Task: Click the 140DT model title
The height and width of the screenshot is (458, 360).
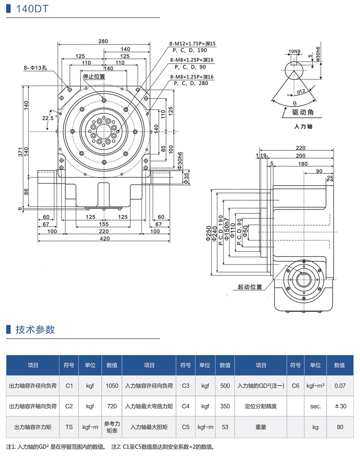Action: [x=32, y=9]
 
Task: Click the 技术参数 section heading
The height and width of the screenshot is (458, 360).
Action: [x=35, y=329]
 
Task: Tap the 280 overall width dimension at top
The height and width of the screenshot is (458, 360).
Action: [x=103, y=41]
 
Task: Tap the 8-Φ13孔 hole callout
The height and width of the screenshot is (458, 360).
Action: [x=35, y=68]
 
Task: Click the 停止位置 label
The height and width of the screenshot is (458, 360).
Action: [x=94, y=76]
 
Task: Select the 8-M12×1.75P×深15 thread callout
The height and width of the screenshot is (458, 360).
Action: [x=193, y=44]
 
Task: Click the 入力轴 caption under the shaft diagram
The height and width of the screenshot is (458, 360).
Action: [x=303, y=127]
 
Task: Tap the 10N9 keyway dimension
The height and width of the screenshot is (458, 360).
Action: [x=294, y=52]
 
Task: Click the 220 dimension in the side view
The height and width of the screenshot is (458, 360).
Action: [x=300, y=148]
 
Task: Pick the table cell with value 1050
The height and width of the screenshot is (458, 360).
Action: [x=112, y=386]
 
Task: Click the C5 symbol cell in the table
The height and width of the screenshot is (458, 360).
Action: [x=185, y=427]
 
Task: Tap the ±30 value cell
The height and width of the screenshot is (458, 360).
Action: [x=340, y=406]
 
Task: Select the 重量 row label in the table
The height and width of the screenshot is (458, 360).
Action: [x=261, y=427]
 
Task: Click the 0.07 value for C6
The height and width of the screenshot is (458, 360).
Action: [x=340, y=386]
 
